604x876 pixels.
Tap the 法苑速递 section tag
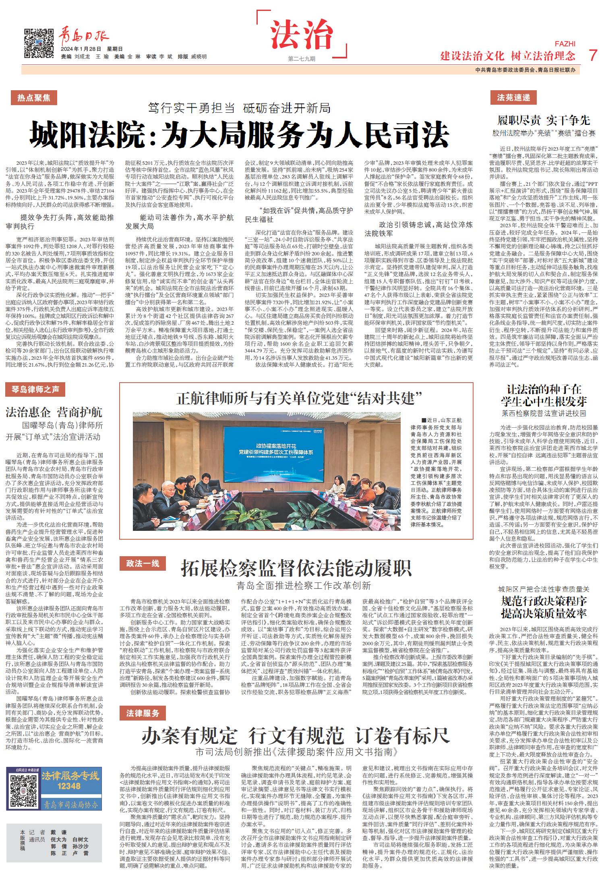(x=513, y=98)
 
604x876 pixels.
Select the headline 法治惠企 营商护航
(x=54, y=412)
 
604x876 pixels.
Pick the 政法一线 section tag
(x=143, y=563)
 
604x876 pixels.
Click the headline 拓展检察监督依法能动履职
(x=296, y=568)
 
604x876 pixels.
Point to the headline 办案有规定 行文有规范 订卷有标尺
(x=296, y=737)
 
